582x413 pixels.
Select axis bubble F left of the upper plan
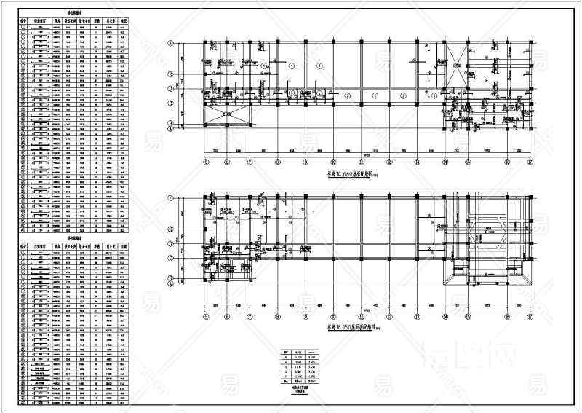170,44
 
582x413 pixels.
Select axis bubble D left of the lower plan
170,243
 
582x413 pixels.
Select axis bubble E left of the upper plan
170,74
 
